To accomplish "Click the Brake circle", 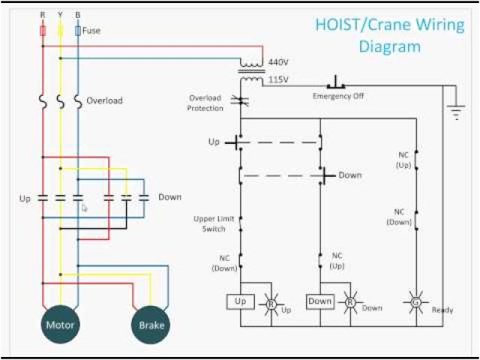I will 151,325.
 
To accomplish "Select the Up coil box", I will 241,301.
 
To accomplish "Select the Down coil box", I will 320,301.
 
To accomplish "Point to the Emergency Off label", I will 338,96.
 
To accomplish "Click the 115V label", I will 278,79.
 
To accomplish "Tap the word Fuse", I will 91,31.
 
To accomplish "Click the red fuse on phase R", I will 43,31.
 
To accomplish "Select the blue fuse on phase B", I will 78,31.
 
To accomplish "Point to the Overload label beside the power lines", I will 104,100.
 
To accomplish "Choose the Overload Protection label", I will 206,103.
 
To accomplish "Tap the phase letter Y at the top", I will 60,14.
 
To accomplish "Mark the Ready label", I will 442,309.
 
